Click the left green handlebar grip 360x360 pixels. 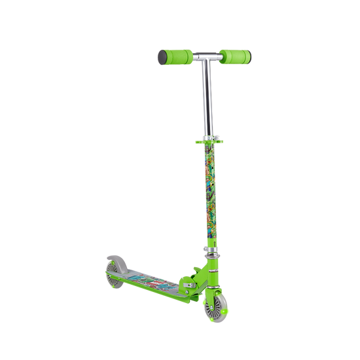(x=173, y=55)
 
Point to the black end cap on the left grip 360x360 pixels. (x=160, y=57)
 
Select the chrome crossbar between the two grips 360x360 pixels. (x=202, y=57)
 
